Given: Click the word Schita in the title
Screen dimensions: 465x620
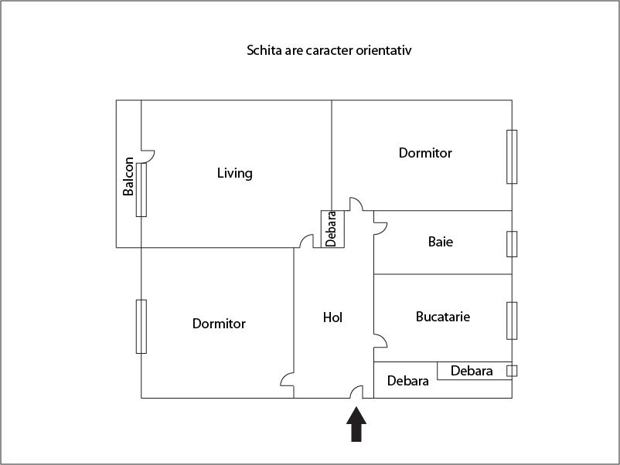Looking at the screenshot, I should [264, 51].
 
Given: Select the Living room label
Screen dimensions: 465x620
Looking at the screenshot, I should [234, 173].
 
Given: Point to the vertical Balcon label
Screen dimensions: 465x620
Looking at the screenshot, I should [128, 177].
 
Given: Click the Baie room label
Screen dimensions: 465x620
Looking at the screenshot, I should [441, 242].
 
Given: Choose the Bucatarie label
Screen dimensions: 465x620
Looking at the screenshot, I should [443, 317].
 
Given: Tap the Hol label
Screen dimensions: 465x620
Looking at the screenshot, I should [332, 317].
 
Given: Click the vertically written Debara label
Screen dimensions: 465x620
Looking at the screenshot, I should [332, 229].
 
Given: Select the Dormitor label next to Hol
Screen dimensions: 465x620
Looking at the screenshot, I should [219, 324].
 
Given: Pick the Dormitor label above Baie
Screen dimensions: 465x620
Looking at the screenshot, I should [425, 153].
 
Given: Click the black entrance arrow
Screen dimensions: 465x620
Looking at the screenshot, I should [356, 424].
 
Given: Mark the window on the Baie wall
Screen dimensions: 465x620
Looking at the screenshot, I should [511, 243].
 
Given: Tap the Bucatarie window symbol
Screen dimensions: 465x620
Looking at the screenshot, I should [511, 320].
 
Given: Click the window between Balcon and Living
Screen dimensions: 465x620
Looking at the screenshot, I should [141, 189].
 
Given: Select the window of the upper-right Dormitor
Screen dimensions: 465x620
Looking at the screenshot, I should [511, 157].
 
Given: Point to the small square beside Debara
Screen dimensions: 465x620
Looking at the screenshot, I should [511, 371].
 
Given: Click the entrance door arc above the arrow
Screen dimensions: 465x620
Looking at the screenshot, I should [358, 392].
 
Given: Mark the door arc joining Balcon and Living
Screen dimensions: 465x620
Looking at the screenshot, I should [148, 156].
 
